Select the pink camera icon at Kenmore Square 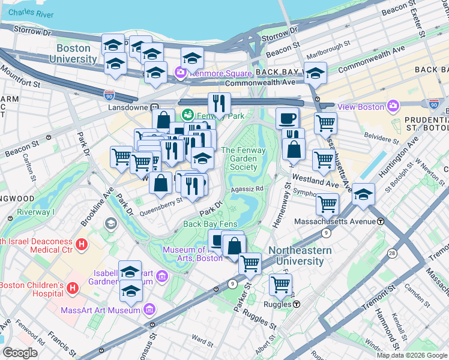coord(179,73)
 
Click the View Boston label coord(360,107)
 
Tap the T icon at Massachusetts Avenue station coord(381,221)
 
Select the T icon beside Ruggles coord(297,304)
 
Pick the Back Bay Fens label coord(211,224)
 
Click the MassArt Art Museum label coord(100,310)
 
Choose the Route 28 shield coord(391,253)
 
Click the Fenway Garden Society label coord(239,159)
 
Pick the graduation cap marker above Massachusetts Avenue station coord(363,194)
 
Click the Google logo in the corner coord(20,353)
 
